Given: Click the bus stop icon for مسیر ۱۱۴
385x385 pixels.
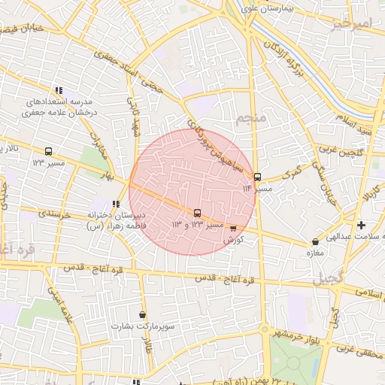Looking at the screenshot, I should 257,177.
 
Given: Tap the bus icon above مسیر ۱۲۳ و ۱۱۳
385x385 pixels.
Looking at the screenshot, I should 197,213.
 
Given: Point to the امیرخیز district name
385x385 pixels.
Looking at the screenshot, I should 350,24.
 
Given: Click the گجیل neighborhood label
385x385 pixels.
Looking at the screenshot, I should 329,277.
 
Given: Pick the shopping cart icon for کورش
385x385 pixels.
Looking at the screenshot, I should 233,229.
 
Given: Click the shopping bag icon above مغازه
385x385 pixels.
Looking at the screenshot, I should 315,242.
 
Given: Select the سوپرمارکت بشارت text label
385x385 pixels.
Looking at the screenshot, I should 142,326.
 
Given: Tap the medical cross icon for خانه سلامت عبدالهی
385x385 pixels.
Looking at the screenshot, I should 361,225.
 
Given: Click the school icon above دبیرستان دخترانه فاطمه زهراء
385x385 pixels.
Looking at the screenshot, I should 115,204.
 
